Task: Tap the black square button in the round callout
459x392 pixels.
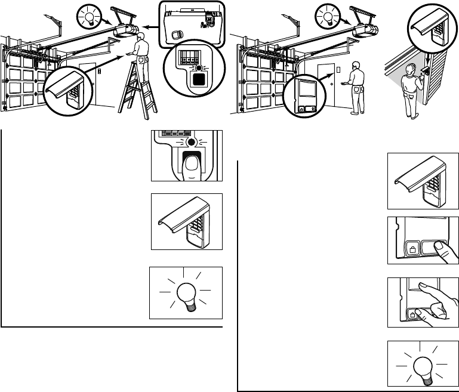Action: (x=200, y=78)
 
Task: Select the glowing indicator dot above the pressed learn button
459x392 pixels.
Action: (x=191, y=143)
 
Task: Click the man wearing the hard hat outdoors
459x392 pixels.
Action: (x=412, y=89)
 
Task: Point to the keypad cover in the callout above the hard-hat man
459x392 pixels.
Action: (x=435, y=30)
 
